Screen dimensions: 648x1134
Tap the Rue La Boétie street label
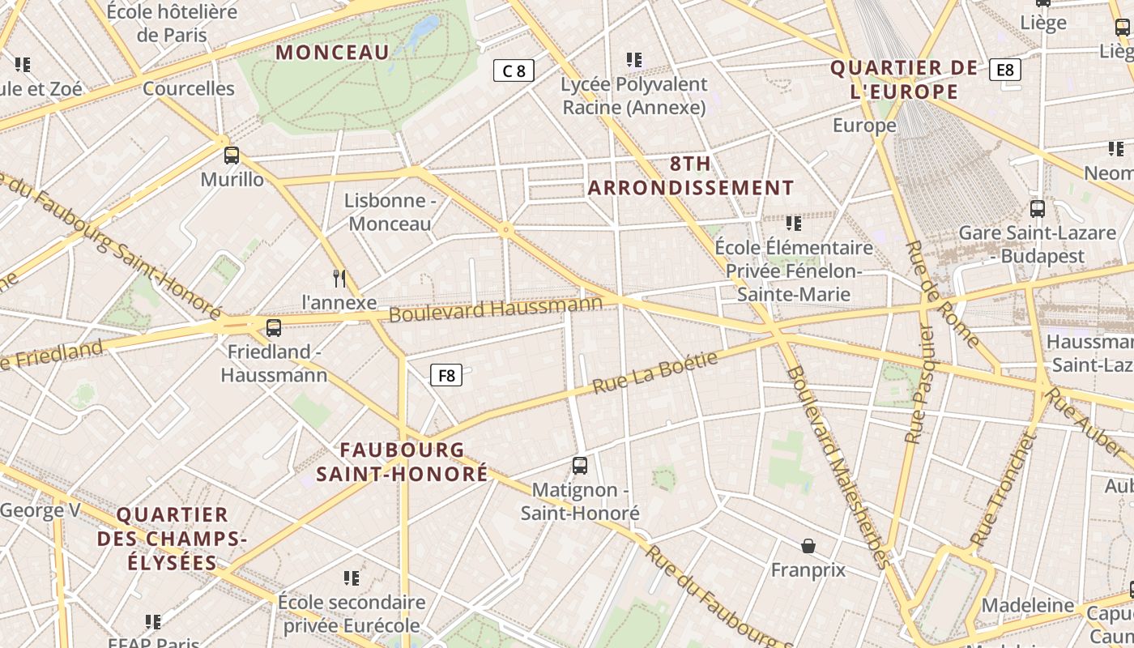click(655, 373)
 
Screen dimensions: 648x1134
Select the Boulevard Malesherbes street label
click(838, 467)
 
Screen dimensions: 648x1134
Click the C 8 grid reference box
click(514, 70)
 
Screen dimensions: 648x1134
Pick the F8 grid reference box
click(446, 375)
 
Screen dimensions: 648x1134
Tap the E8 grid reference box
click(1004, 70)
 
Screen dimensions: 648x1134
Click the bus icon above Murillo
click(232, 156)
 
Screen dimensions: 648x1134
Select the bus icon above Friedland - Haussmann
click(274, 328)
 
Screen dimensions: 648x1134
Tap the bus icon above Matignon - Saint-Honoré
click(580, 466)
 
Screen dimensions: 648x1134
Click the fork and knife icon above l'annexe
click(339, 279)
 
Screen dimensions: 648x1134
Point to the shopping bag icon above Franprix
click(808, 546)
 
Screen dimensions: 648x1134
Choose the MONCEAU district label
click(333, 53)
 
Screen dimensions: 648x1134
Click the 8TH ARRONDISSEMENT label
click(691, 176)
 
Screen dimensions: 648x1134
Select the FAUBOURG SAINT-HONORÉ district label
click(403, 462)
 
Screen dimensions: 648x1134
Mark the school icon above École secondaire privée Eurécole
click(352, 578)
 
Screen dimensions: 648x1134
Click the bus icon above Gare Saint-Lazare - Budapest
click(1038, 209)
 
